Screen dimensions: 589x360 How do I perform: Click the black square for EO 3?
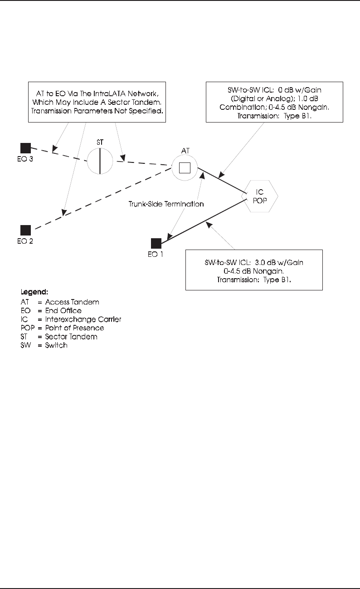coord(25,147)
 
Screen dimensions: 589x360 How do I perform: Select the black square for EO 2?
coord(25,230)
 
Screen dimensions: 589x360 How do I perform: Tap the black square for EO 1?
coord(156,243)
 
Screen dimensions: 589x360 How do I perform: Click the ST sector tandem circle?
coord(100,161)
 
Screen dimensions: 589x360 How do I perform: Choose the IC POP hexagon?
coord(261,196)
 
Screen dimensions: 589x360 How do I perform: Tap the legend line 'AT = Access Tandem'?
coord(60,302)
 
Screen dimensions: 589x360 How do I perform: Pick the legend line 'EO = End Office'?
coord(52,311)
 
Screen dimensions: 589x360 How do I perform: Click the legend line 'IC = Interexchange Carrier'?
coord(72,319)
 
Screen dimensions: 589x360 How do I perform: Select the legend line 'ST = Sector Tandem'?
coord(60,337)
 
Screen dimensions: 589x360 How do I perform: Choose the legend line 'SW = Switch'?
coord(45,345)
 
